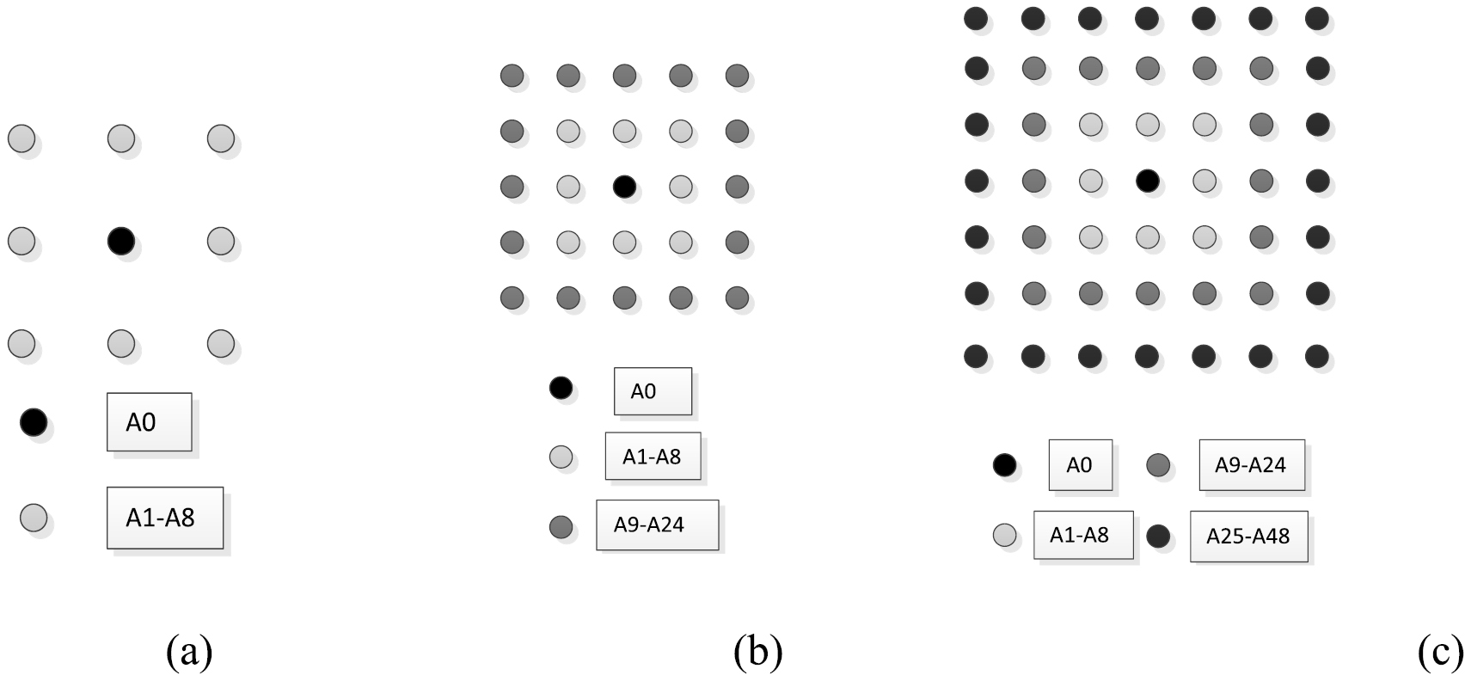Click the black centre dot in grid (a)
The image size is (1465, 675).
point(121,241)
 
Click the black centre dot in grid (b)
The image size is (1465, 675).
point(624,187)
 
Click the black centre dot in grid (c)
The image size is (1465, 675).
point(1148,181)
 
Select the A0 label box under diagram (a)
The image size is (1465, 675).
point(149,422)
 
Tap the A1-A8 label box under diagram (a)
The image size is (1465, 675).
point(165,518)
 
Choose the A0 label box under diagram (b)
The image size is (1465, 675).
point(653,391)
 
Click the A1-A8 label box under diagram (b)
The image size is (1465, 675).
point(653,456)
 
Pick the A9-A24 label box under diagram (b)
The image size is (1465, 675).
point(658,525)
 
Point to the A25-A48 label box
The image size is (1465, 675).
point(1248,537)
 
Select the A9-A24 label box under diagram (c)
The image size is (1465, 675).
point(1252,465)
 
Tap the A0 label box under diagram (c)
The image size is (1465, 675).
point(1081,465)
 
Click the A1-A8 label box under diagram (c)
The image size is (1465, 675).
point(1083,535)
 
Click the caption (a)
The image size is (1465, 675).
point(190,652)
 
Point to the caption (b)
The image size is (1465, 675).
point(758,652)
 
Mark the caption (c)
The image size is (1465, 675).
point(1441,652)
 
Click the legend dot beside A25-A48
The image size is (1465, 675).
point(1158,537)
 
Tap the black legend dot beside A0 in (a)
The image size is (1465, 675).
point(34,422)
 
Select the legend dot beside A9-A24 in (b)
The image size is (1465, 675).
point(561,526)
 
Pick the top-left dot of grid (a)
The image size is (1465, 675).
point(21,138)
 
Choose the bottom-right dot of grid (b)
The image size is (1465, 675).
point(737,298)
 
